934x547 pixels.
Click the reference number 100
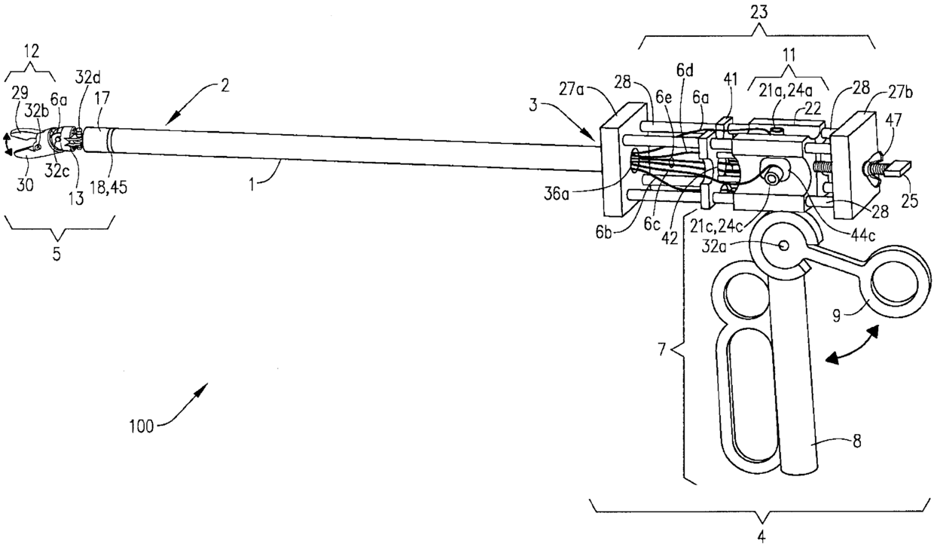[141, 426]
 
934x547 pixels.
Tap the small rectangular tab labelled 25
[899, 167]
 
